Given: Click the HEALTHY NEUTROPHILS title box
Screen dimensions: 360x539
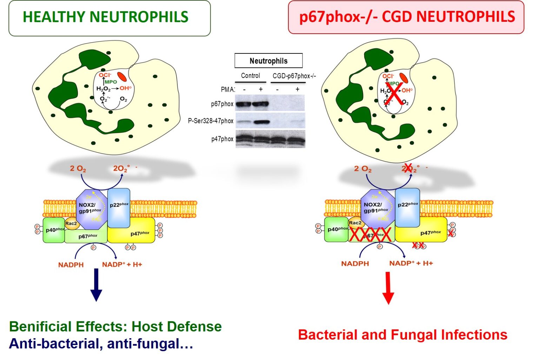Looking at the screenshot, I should pos(109,18).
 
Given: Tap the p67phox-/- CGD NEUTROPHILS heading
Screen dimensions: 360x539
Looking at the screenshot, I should pos(406,17).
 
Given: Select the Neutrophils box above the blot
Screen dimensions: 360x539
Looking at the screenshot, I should pos(268,61).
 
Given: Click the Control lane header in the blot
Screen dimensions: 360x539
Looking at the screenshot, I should pos(250,76).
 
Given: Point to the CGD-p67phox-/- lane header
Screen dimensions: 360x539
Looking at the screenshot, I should pos(294,76).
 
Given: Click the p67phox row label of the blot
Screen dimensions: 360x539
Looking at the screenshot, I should pos(222,104).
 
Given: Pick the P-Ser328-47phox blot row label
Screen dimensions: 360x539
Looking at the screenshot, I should pos(211,121).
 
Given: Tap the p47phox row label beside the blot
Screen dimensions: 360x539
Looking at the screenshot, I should pos(222,139).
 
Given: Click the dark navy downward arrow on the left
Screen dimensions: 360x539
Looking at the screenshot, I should pos(96,284).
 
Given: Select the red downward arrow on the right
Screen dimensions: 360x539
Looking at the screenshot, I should pos(388,288).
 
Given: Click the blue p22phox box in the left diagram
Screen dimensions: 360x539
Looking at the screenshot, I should pos(119,207).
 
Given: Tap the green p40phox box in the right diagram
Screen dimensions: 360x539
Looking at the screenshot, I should pos(336,229).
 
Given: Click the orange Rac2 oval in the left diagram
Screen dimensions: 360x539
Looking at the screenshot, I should pos(71,224).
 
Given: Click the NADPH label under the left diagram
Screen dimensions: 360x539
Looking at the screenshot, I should pos(71,265).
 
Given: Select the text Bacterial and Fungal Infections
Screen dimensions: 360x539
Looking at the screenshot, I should pos(402,335).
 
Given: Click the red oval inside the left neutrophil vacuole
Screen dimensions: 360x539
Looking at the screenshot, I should pos(122,77).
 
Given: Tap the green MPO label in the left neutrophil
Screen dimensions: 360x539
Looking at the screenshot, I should pos(111,82).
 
